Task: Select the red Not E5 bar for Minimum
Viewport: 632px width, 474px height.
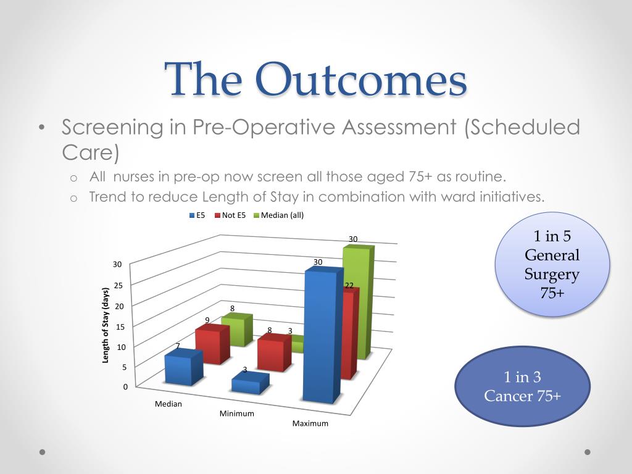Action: pyautogui.click(x=274, y=352)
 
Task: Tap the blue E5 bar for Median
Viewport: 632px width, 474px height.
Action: pyautogui.click(x=184, y=367)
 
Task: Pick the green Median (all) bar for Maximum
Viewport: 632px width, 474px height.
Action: pyautogui.click(x=359, y=302)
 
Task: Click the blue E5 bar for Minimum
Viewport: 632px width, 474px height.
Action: pyautogui.click(x=251, y=383)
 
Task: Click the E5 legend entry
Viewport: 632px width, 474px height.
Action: pyautogui.click(x=197, y=215)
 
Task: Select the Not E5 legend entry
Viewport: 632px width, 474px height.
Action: pyautogui.click(x=230, y=215)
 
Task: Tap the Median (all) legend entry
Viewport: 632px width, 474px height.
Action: pyautogui.click(x=278, y=215)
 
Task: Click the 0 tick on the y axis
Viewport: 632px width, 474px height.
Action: pyautogui.click(x=125, y=386)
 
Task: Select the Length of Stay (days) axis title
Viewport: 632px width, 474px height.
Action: pyautogui.click(x=106, y=325)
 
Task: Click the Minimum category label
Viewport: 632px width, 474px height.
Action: pyautogui.click(x=236, y=414)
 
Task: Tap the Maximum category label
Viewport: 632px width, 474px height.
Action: pyautogui.click(x=310, y=423)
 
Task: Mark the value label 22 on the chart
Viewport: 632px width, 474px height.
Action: pyautogui.click(x=349, y=285)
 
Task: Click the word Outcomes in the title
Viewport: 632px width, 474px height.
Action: pyautogui.click(x=361, y=80)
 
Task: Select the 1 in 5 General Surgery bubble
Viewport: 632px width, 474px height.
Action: pyautogui.click(x=552, y=264)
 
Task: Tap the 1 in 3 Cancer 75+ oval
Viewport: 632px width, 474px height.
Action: pyautogui.click(x=522, y=386)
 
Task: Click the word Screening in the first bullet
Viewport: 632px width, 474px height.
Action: pyautogui.click(x=112, y=127)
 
